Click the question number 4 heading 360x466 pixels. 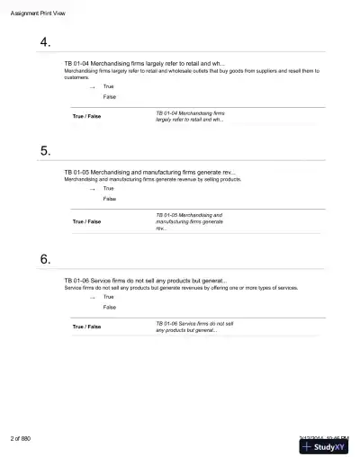point(45,43)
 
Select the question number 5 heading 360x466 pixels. point(45,151)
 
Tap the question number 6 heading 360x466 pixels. point(45,259)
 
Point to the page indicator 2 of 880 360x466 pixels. point(21,438)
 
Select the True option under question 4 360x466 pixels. point(108,87)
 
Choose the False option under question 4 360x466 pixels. point(109,97)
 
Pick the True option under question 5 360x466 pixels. point(108,189)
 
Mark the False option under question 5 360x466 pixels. point(109,199)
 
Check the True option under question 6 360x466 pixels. point(108,297)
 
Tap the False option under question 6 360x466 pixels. point(109,307)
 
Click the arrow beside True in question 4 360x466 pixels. point(92,88)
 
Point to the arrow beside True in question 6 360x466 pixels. point(92,298)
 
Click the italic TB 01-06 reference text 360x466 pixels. point(194,327)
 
